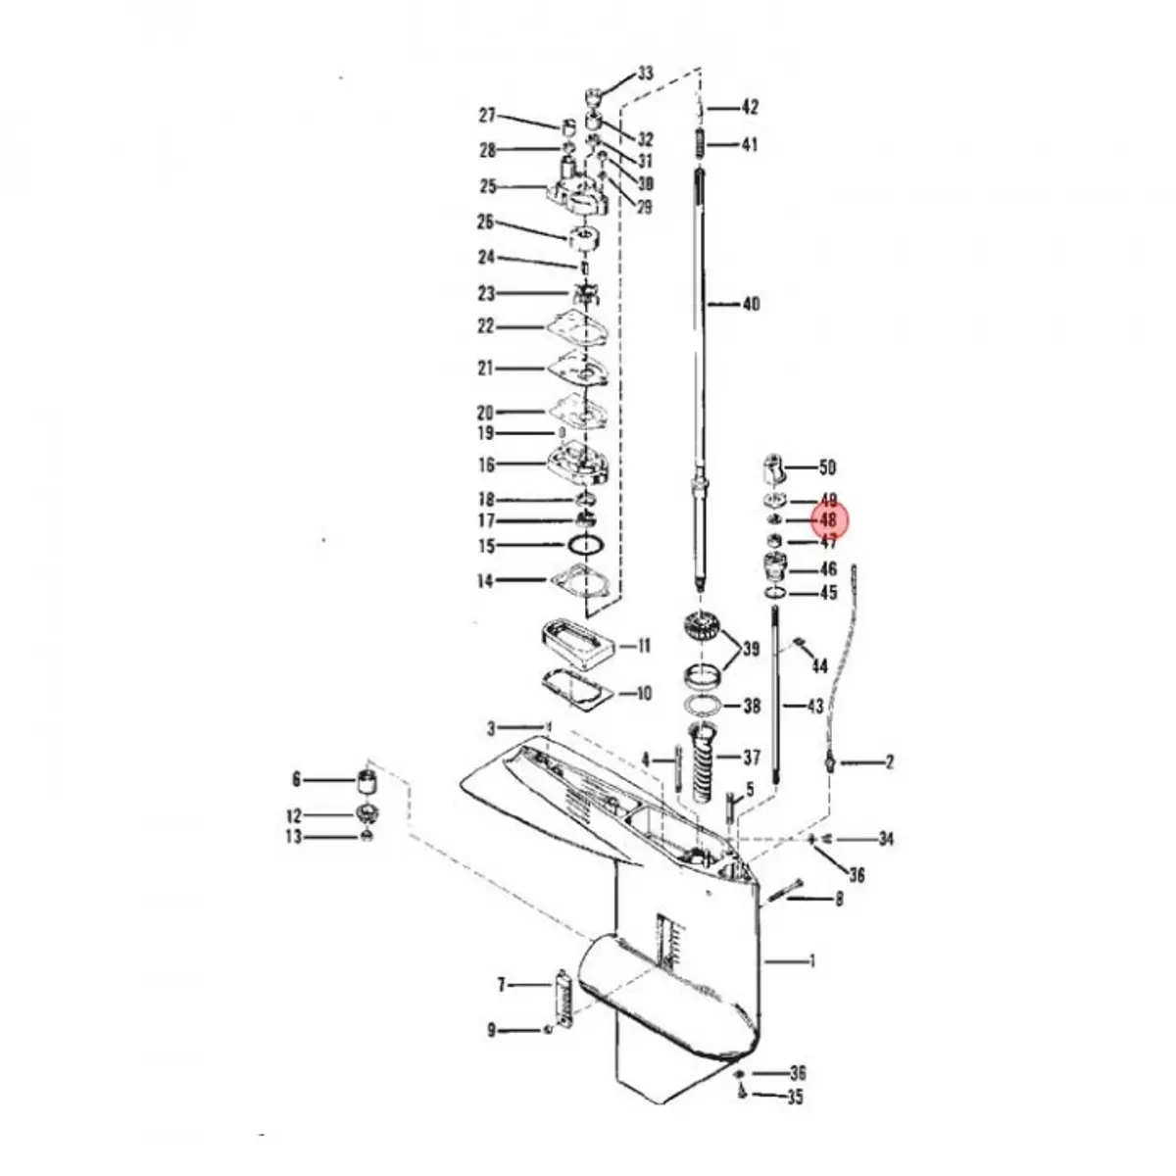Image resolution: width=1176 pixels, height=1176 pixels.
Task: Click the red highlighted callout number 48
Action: (x=828, y=520)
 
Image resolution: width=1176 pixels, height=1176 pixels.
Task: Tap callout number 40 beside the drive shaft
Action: (x=751, y=305)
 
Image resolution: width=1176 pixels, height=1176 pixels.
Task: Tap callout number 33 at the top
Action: (x=645, y=73)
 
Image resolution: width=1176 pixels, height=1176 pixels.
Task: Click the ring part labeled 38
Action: (x=707, y=706)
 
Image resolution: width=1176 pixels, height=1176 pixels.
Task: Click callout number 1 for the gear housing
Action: (x=811, y=961)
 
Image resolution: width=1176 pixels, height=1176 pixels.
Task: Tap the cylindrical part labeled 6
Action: (x=367, y=784)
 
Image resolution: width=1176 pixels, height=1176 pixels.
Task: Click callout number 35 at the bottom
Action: (x=795, y=1098)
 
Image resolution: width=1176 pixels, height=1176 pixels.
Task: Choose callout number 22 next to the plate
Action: (x=486, y=326)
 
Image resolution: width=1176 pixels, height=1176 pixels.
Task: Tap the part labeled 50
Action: (x=773, y=468)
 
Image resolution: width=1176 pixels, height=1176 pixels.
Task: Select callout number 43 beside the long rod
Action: (x=814, y=706)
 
